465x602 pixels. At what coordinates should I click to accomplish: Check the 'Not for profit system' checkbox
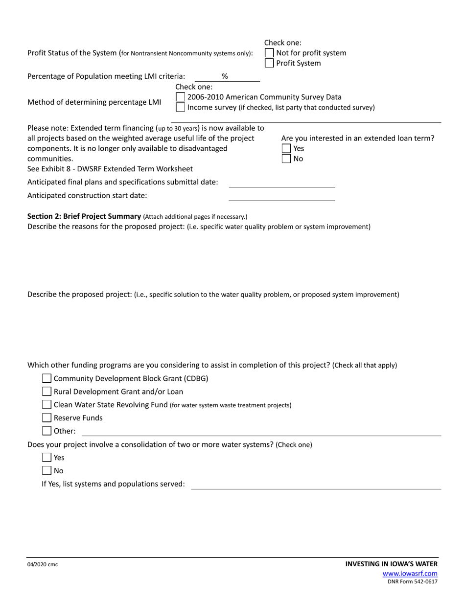click(269, 53)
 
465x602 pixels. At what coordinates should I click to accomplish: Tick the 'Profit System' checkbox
click(269, 63)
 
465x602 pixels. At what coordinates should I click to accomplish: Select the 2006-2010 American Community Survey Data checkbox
click(180, 97)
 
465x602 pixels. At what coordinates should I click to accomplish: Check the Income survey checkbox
click(180, 107)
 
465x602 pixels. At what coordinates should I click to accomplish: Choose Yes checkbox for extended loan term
click(286, 148)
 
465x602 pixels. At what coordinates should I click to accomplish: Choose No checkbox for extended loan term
click(286, 159)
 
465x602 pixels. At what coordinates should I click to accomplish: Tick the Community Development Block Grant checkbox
click(46, 378)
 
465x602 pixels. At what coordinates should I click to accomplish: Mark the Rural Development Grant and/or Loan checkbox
click(46, 392)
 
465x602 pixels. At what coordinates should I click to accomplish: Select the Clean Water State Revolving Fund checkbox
click(46, 405)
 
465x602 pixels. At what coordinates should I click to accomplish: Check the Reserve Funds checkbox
click(46, 418)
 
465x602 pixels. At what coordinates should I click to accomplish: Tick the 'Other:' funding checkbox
click(46, 431)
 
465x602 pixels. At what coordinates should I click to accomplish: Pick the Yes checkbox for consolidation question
click(46, 458)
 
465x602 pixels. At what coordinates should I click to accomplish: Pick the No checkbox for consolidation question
click(46, 471)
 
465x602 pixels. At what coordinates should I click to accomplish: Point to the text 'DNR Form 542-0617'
click(413, 582)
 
